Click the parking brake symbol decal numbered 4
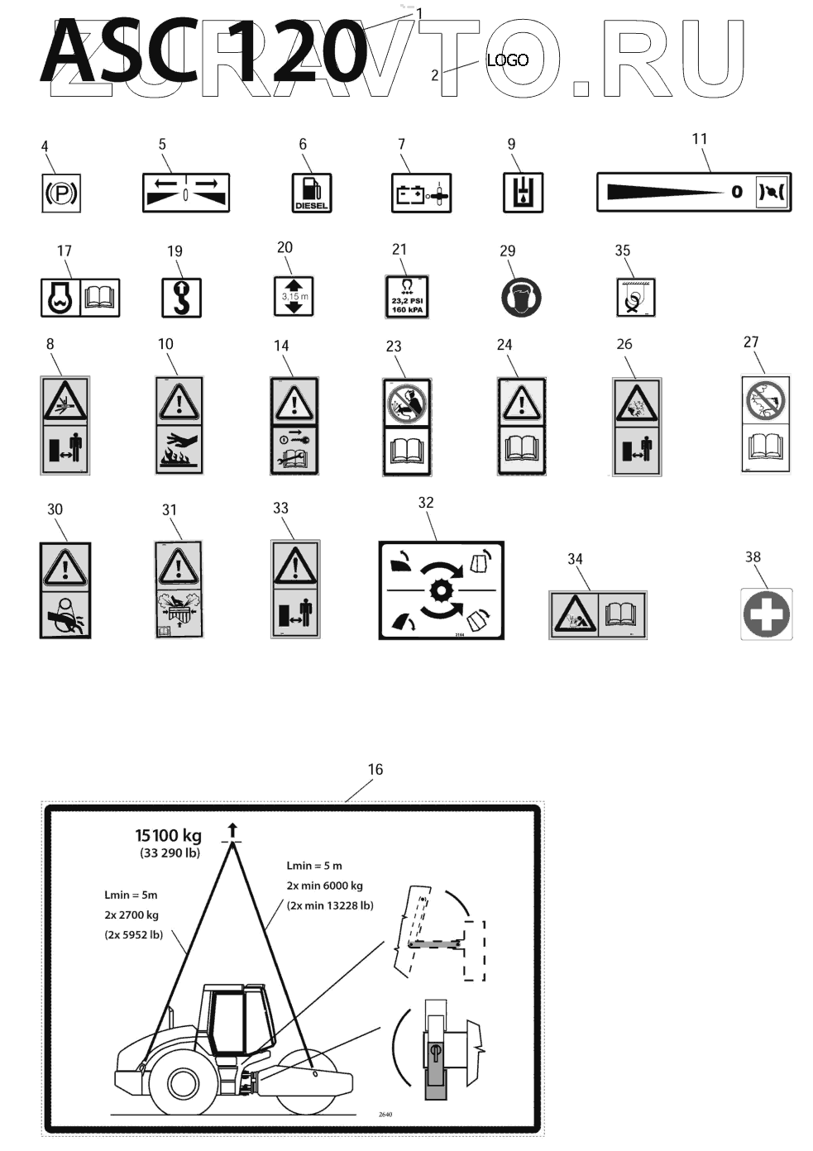(x=62, y=193)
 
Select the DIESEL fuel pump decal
(x=311, y=193)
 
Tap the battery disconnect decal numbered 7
(x=421, y=193)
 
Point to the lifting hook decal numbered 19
(x=181, y=298)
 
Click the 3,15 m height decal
(x=294, y=296)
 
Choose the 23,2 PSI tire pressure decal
(x=407, y=297)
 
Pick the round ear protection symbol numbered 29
(x=521, y=297)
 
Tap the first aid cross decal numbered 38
(x=767, y=614)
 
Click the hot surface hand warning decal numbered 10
(x=179, y=425)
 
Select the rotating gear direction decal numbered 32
(x=441, y=590)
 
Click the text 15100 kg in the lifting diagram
(x=169, y=835)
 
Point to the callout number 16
(x=375, y=770)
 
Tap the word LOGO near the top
(x=507, y=60)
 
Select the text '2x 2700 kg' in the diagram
(x=132, y=915)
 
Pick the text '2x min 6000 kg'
(x=325, y=886)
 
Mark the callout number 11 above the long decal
(x=700, y=139)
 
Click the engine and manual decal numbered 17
(x=80, y=298)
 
